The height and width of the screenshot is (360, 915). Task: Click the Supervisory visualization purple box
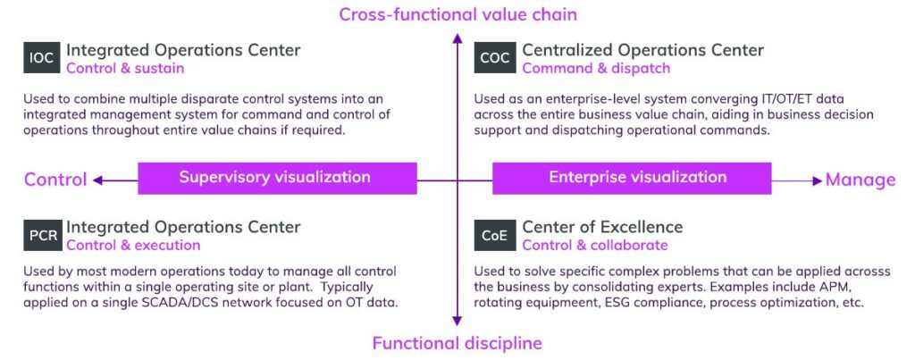click(276, 178)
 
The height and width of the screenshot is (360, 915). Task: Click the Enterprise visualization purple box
click(631, 178)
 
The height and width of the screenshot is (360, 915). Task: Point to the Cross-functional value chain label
click(457, 14)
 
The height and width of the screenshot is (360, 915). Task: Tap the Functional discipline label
click(457, 343)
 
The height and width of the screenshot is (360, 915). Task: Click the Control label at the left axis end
click(55, 180)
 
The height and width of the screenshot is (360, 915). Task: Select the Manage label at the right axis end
click(860, 180)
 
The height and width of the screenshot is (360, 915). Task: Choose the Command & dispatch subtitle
click(595, 68)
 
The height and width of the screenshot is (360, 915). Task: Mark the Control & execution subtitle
click(133, 246)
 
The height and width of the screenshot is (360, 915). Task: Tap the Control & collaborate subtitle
click(594, 246)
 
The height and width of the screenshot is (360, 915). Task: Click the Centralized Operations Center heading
click(642, 50)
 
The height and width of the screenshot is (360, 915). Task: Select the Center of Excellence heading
click(602, 227)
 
